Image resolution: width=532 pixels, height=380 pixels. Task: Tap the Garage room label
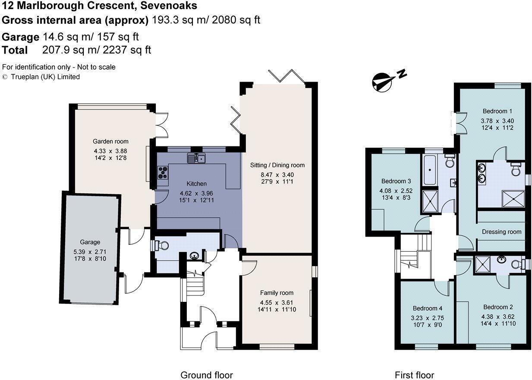click(90, 242)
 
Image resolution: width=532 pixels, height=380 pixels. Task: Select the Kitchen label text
click(196, 184)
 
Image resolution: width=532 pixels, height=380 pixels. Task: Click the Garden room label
click(110, 141)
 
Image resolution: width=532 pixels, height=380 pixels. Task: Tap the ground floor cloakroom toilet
click(161, 245)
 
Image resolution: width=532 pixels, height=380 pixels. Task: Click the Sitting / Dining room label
click(277, 165)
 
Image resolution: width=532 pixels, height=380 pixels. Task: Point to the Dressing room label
click(501, 231)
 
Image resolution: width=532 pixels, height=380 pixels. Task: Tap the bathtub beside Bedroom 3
click(430, 169)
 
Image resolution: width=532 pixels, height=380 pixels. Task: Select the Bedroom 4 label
click(427, 308)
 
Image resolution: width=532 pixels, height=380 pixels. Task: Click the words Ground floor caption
click(206, 375)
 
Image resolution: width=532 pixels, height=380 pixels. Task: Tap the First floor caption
click(414, 375)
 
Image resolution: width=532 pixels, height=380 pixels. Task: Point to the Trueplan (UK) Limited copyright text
click(45, 77)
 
